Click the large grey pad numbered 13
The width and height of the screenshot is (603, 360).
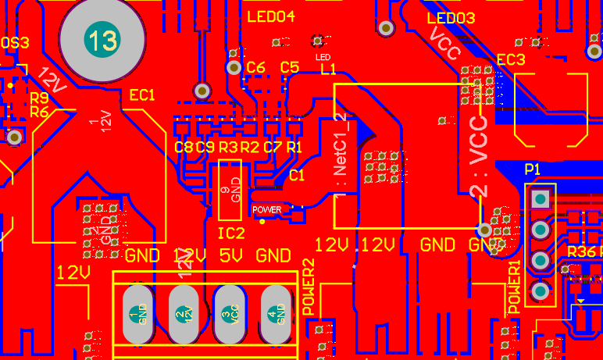tap(102, 41)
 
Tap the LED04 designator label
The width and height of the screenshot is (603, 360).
tap(270, 16)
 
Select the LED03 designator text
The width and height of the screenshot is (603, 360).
tap(451, 18)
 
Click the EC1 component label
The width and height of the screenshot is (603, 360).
tap(143, 95)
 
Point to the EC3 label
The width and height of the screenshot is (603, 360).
tap(511, 59)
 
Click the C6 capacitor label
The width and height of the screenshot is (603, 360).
tap(255, 68)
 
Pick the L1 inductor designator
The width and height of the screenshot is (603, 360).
tap(328, 70)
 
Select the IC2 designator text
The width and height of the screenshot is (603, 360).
tap(231, 233)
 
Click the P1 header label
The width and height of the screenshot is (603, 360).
tap(533, 169)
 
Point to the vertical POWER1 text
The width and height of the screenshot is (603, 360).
tap(515, 288)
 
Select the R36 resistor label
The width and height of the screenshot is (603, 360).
tap(581, 251)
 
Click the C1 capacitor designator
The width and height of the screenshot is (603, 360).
tap(297, 176)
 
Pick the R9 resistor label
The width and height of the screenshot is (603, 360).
tap(39, 98)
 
